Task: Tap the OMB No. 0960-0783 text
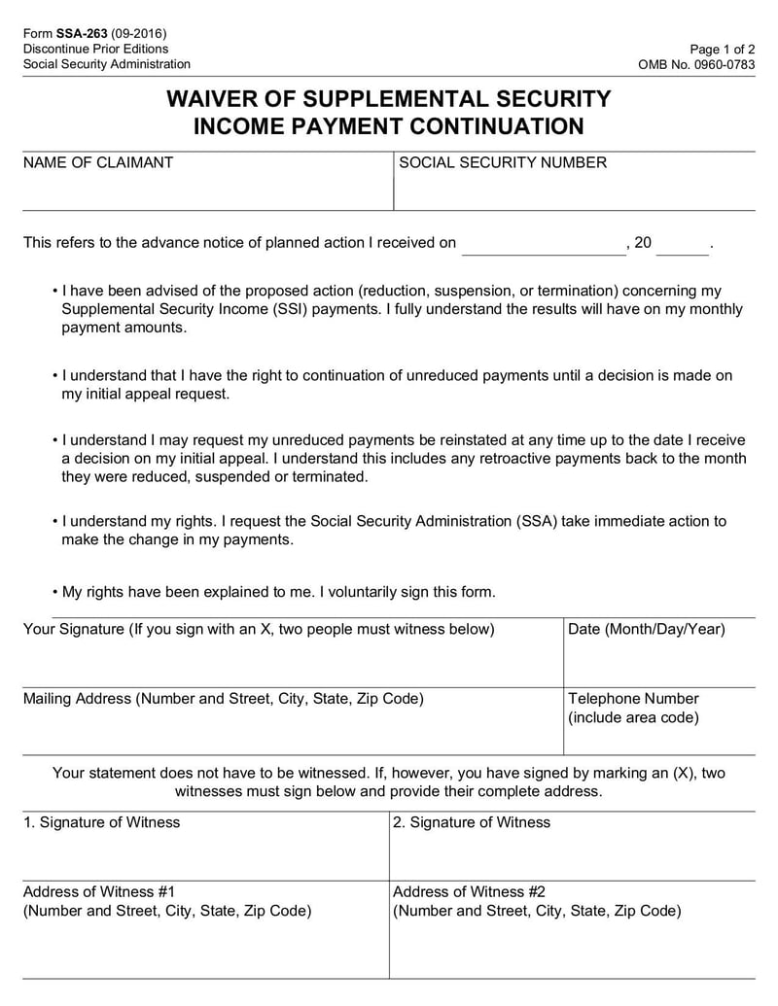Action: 695,64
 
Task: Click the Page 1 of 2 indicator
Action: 722,49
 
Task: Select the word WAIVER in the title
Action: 212,99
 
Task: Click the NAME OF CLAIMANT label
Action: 97,163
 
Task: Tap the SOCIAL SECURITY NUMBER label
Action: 503,163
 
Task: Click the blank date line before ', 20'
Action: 544,246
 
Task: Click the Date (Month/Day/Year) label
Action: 646,630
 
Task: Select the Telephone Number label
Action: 633,699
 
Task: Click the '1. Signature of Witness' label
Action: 101,822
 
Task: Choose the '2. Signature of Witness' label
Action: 472,822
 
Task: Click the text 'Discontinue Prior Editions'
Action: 95,49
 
